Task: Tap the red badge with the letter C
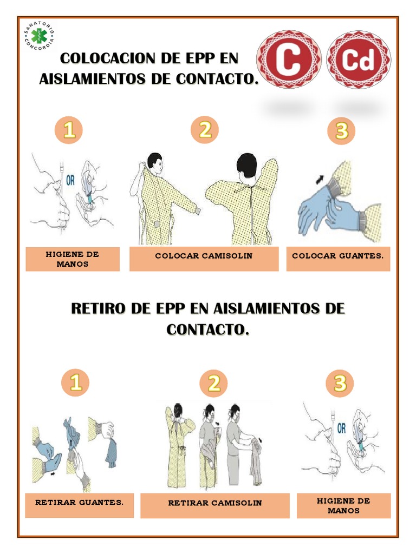click(289, 60)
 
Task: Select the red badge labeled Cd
click(358, 60)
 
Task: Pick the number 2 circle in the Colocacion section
click(204, 130)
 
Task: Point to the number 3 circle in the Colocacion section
click(341, 130)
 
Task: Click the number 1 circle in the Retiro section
click(75, 383)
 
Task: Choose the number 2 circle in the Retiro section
click(213, 383)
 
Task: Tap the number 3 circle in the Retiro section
click(340, 383)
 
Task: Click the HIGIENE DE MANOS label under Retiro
click(343, 505)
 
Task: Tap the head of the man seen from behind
click(246, 164)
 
